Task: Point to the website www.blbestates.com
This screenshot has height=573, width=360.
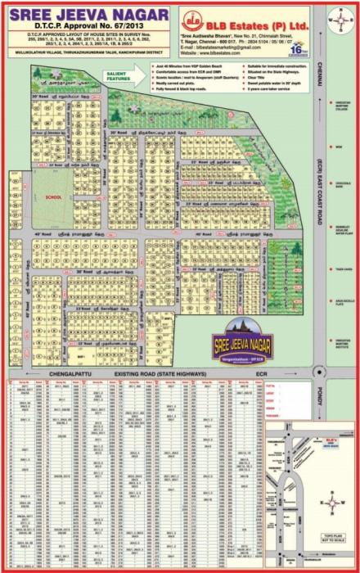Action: pos(232,52)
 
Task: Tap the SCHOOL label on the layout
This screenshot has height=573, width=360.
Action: pos(54,197)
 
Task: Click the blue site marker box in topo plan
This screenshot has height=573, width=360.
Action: pos(331,440)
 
